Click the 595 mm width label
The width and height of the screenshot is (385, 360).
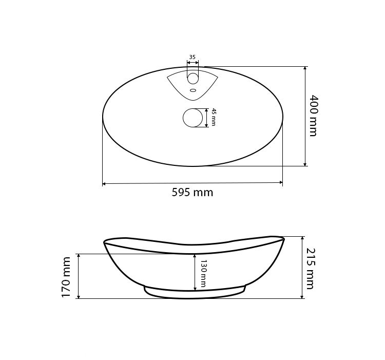point(192,192)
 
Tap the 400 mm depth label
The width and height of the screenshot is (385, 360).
point(313,116)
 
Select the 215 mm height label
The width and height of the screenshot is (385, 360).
point(310,269)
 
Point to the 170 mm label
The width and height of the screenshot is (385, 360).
point(66,277)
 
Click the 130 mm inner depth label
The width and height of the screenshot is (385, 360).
point(203,274)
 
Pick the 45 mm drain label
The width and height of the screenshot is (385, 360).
point(214,117)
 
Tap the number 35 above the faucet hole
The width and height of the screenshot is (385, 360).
point(192,57)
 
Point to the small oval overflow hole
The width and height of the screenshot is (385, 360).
point(193,90)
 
